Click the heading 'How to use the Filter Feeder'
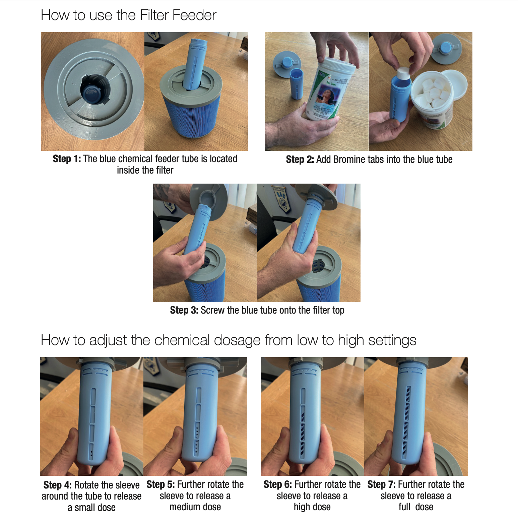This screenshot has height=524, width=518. [x=129, y=15]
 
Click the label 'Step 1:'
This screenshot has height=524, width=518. [x=67, y=159]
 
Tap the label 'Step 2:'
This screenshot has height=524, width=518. [x=300, y=159]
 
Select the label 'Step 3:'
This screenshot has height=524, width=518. [x=184, y=310]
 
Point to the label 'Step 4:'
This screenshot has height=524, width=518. [x=57, y=485]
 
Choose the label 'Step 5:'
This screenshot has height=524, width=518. [x=160, y=484]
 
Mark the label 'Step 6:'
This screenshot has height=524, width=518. [x=277, y=484]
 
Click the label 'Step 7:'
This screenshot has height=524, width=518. [x=381, y=484]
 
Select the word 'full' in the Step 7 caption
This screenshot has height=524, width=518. [x=404, y=507]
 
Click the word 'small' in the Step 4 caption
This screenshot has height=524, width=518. [x=85, y=508]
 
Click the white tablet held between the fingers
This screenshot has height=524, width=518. [x=403, y=74]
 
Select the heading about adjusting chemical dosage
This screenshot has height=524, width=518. [x=229, y=340]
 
